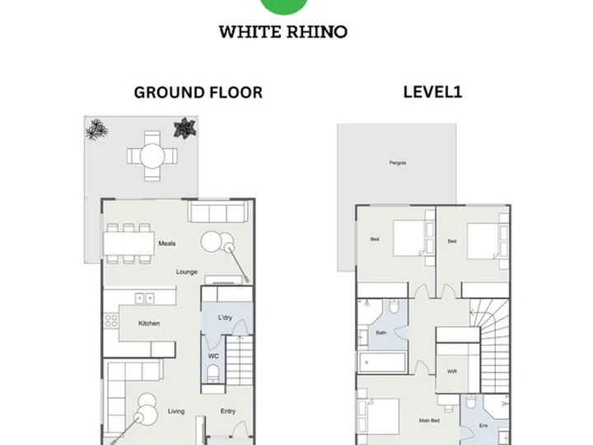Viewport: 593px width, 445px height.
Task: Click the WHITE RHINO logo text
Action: [282, 32]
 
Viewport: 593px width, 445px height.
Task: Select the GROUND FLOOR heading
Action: [198, 92]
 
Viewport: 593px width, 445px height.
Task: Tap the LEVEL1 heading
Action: [432, 92]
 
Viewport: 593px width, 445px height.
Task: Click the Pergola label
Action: [398, 162]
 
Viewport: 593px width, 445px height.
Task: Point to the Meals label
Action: [167, 243]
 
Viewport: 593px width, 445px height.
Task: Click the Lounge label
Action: [187, 272]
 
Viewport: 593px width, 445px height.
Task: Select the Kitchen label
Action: [149, 323]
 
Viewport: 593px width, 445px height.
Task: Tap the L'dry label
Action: [225, 317]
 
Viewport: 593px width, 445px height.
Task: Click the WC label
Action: [213, 356]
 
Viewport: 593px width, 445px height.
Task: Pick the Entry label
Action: [228, 411]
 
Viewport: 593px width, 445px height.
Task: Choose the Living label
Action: [176, 411]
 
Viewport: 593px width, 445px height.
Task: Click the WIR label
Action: [452, 372]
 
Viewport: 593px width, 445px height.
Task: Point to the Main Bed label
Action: [429, 420]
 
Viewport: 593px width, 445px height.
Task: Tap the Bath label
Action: [381, 333]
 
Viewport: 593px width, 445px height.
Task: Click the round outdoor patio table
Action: [152, 156]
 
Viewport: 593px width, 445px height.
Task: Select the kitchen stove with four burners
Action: [111, 321]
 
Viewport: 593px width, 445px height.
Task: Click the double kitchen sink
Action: [145, 298]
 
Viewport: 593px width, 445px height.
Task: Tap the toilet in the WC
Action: [213, 373]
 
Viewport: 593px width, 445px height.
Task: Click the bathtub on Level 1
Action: [382, 363]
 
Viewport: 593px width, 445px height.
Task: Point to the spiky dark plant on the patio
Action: [185, 128]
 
